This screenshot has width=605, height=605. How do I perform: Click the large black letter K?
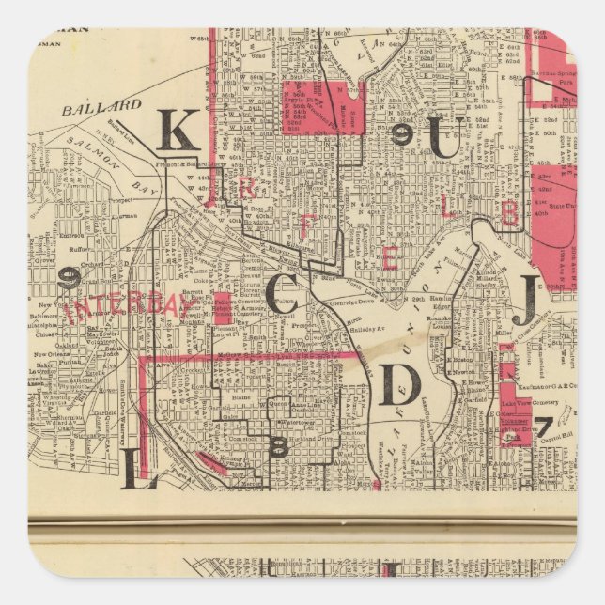pos(176,131)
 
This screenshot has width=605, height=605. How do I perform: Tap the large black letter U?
pos(444,140)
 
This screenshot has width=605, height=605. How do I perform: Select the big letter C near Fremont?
pos(283,294)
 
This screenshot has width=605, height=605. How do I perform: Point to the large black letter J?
pos(529,299)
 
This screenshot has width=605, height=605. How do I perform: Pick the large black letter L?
pos(137,467)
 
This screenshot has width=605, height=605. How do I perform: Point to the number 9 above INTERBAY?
pos(69,277)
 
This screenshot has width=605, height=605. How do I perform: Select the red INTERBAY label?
pos(122,307)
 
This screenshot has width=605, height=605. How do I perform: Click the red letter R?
pos(247,189)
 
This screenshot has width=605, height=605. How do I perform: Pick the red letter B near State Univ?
pos(508,213)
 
